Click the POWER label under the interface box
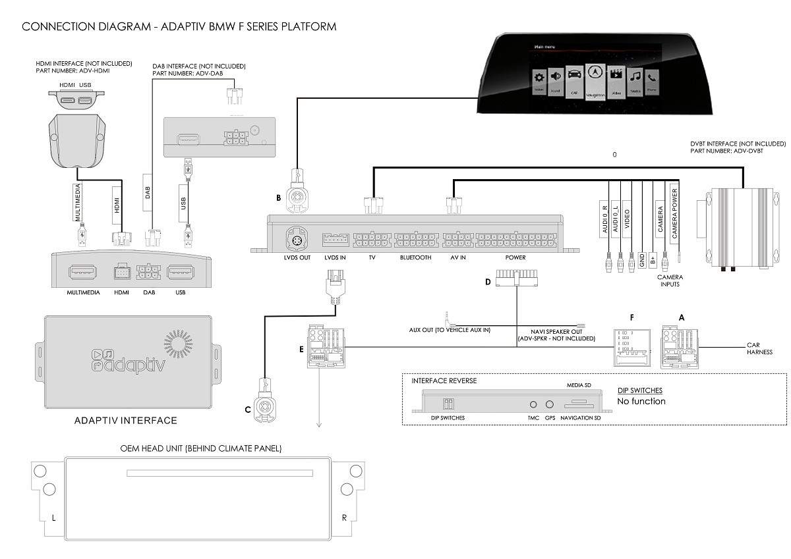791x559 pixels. (515, 257)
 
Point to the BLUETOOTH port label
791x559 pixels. (415, 257)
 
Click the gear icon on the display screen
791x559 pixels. (539, 76)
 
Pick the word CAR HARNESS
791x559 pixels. (759, 348)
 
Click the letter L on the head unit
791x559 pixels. (53, 518)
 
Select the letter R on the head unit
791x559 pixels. (344, 518)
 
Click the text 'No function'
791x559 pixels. (641, 401)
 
